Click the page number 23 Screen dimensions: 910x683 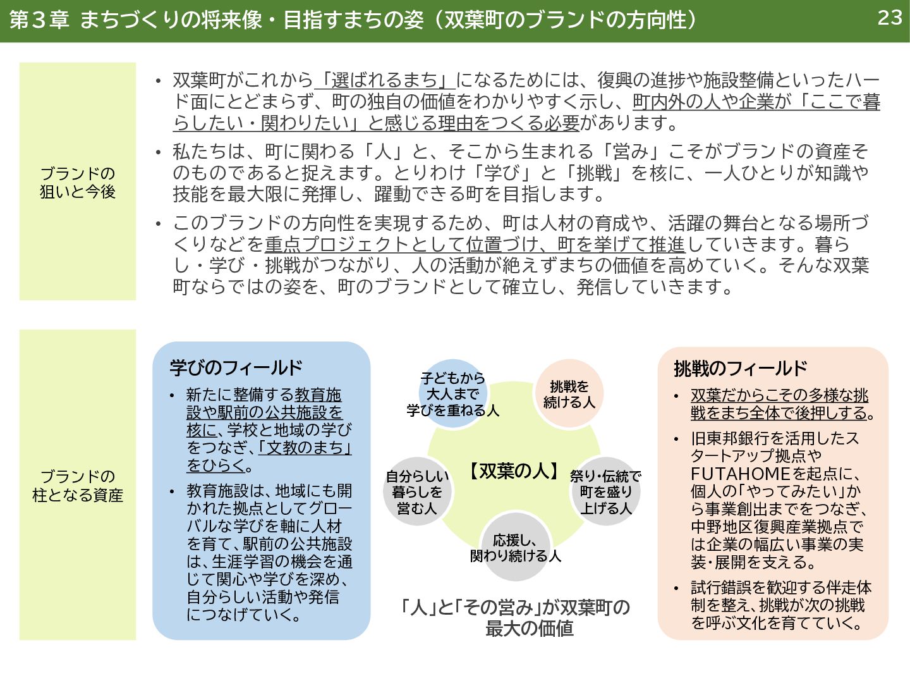tap(889, 18)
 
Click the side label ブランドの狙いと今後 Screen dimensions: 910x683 tap(78, 182)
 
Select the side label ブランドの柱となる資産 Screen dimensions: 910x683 tap(78, 485)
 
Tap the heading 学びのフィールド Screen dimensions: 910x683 tap(236, 367)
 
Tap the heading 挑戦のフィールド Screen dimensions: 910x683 tap(740, 368)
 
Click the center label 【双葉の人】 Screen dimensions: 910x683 tap(514, 471)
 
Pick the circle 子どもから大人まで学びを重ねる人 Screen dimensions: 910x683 tap(452, 394)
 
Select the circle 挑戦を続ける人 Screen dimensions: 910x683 tap(569, 394)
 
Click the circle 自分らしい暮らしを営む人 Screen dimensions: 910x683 tap(417, 492)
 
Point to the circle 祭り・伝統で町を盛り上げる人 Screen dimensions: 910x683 tap(605, 492)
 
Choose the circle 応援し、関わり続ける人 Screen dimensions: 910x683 tap(515, 548)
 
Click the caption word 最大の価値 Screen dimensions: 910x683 tap(529, 628)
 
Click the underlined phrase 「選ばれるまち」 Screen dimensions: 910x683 tap(385, 80)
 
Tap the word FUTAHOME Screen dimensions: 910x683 tap(740, 474)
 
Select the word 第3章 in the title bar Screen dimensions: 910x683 tap(39, 20)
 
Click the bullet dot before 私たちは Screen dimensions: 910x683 tap(159, 152)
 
